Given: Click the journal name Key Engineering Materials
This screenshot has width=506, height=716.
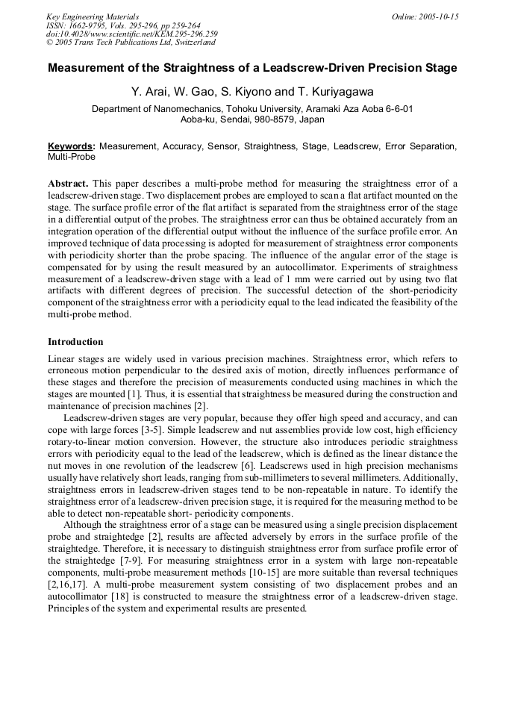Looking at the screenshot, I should click(x=93, y=16).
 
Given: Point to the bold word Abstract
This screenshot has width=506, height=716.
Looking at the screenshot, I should click(x=68, y=184).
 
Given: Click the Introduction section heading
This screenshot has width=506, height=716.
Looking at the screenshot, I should click(x=75, y=342).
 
